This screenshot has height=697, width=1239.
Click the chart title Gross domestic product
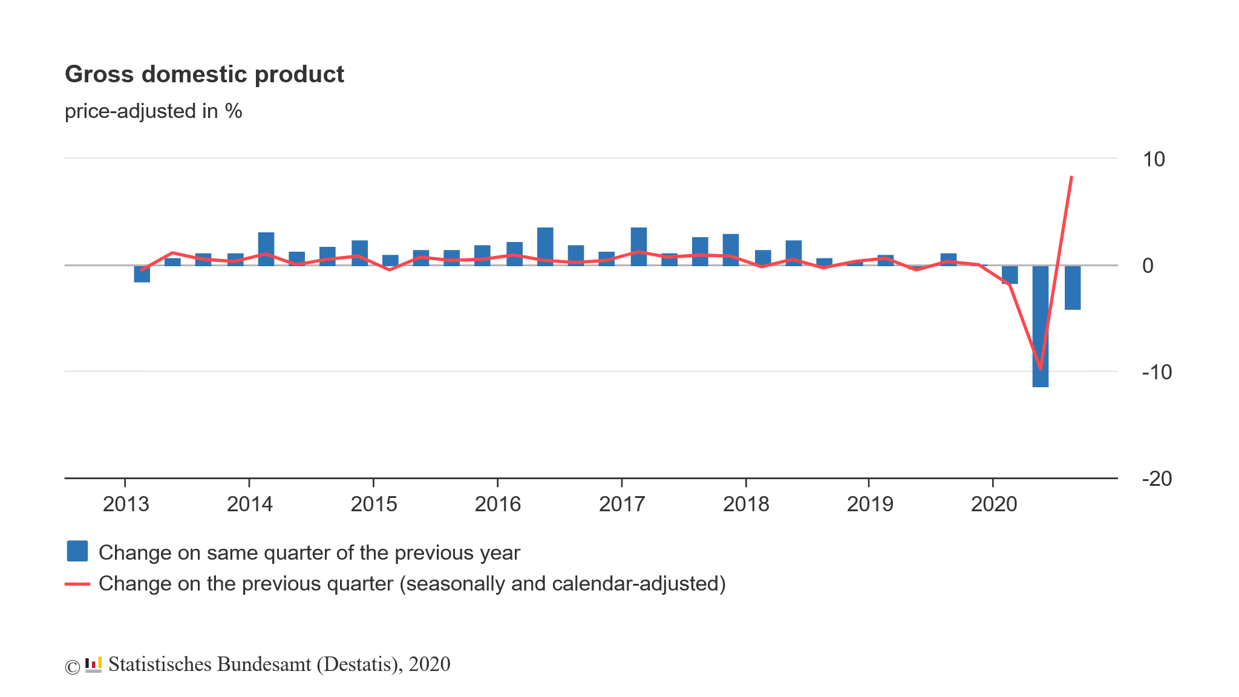(x=204, y=74)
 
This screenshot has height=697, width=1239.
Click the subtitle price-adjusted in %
(x=153, y=111)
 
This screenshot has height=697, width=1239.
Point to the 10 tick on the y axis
(x=1153, y=160)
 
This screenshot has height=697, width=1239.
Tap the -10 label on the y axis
(x=1156, y=372)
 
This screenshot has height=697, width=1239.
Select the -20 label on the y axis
(x=1156, y=479)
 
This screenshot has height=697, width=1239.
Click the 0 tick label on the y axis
(x=1148, y=266)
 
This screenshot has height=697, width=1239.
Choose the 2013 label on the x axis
(x=126, y=504)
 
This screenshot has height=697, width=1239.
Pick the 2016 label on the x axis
(x=498, y=504)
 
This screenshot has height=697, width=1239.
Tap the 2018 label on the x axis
(x=746, y=504)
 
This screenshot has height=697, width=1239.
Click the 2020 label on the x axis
(x=994, y=504)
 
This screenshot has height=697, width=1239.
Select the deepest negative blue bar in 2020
(x=1041, y=327)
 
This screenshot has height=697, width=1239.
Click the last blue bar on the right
(x=1073, y=288)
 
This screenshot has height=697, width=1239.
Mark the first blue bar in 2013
(x=142, y=274)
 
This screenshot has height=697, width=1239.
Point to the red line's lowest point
(x=1041, y=368)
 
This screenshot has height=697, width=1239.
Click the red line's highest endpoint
(x=1071, y=177)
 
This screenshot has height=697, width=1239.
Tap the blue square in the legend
(x=77, y=551)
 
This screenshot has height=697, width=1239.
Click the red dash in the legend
(x=77, y=584)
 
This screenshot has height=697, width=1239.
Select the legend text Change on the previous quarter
(x=411, y=584)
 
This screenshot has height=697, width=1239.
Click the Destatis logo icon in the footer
(x=93, y=665)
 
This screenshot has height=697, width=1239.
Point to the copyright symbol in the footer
(x=72, y=667)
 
